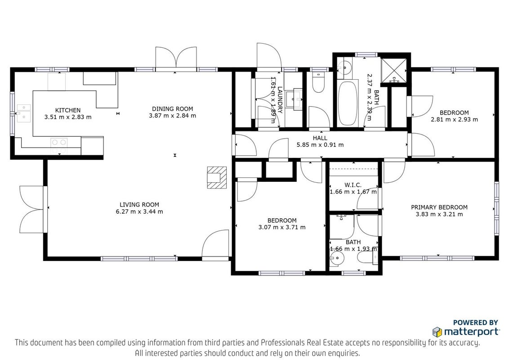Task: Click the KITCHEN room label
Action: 68,110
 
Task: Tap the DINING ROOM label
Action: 172,109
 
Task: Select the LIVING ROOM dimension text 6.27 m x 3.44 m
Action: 139,211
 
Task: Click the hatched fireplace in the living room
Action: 217,177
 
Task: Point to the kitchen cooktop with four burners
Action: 59,146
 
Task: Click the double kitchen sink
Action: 24,113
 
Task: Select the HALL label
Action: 320,138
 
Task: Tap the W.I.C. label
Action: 353,185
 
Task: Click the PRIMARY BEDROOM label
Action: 439,207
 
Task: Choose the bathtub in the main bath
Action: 348,103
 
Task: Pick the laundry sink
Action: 297,99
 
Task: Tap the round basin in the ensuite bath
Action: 336,259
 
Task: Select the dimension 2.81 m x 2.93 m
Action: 454,119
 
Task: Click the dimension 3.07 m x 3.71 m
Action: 282,227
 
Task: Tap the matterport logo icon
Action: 437,332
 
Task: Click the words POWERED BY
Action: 475,323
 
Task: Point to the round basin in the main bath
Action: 343,67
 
